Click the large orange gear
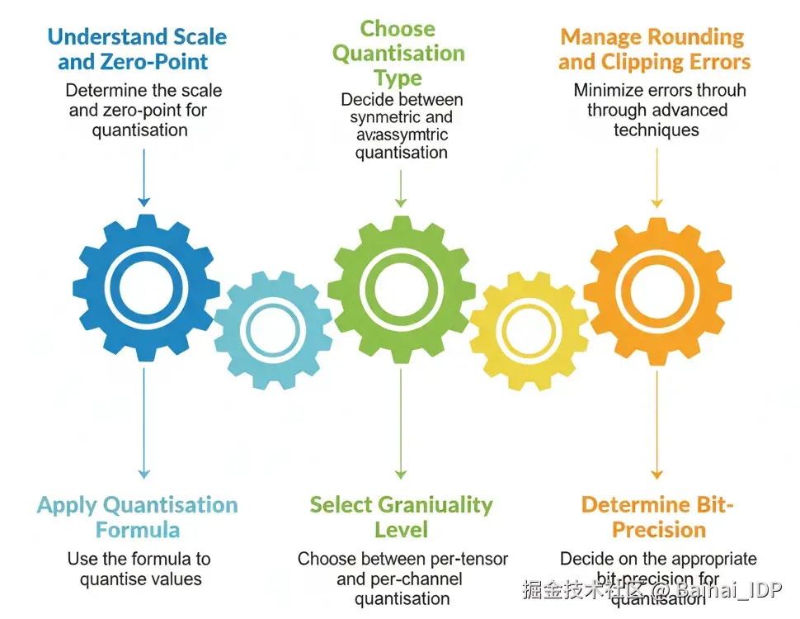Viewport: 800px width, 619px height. tap(656, 289)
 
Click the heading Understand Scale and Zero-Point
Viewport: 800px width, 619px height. tap(137, 49)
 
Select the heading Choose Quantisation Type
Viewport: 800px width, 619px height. tap(398, 54)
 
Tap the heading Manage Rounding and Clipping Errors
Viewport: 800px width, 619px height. tap(654, 50)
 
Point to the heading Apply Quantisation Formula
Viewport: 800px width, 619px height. tap(138, 517)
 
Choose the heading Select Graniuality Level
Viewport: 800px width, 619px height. tap(401, 517)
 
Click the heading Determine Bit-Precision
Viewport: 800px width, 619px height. tap(657, 517)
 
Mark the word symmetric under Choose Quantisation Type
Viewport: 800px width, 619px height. tap(385, 117)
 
